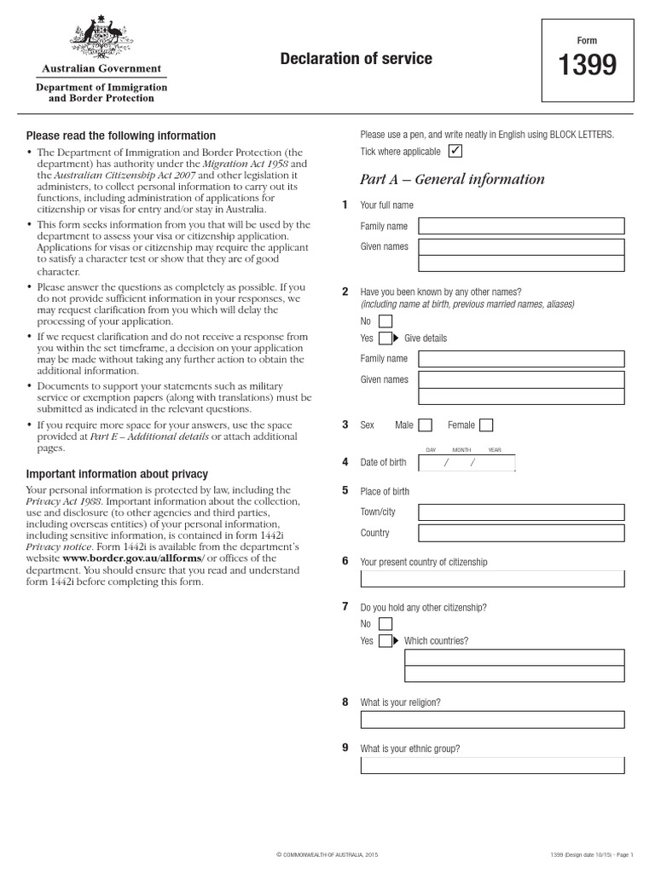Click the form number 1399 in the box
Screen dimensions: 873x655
tap(587, 66)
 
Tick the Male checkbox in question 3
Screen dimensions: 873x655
tap(425, 425)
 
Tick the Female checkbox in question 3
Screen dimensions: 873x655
tap(486, 425)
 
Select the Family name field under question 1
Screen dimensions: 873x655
tap(521, 226)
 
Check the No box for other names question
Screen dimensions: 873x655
tap(385, 321)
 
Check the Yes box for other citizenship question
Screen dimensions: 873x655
tap(385, 641)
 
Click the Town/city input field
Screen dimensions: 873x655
tap(521, 513)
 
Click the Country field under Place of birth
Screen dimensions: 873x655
tap(521, 534)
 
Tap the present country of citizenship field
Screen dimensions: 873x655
tap(492, 580)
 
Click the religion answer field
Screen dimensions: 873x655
tap(492, 720)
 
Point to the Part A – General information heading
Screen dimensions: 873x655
tap(452, 179)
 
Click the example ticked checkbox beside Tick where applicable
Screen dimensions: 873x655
tap(455, 152)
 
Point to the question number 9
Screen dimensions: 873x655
tap(345, 748)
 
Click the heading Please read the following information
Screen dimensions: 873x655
tap(121, 136)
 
